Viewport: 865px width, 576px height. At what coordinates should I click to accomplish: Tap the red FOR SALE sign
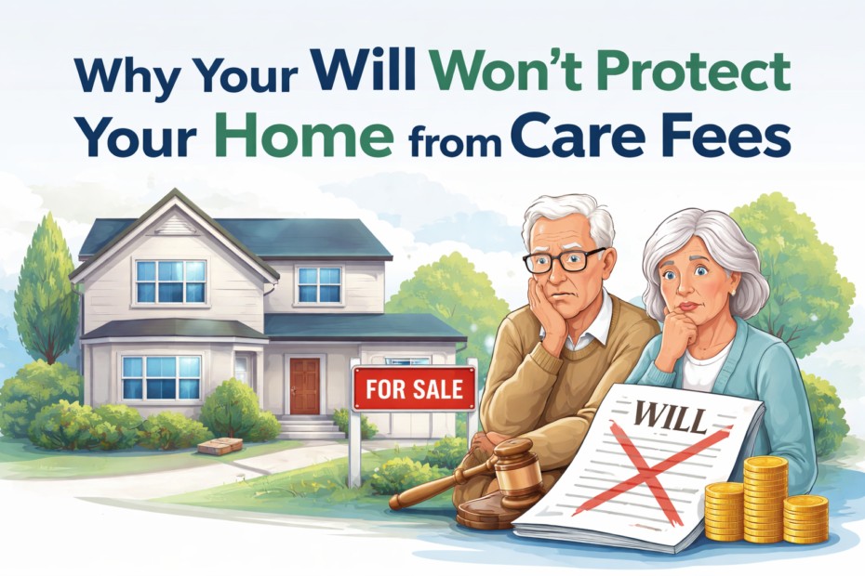tap(414, 388)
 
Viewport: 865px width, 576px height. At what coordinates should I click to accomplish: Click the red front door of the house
tap(304, 386)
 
